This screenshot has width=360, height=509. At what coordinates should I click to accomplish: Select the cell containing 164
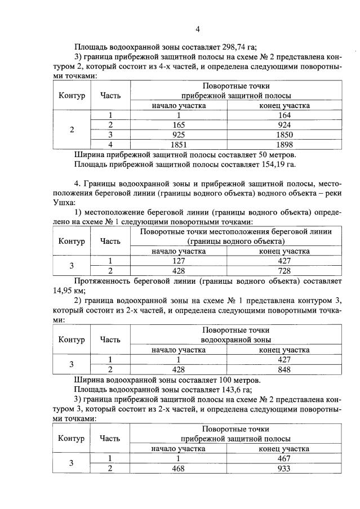(284, 115)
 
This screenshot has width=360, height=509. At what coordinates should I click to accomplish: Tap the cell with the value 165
(178, 124)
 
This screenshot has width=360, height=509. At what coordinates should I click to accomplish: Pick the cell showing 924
(284, 124)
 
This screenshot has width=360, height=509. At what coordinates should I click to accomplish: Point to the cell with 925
(178, 134)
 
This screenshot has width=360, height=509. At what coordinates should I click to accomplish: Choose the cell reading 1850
(284, 134)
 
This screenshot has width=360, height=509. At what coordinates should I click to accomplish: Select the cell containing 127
(178, 261)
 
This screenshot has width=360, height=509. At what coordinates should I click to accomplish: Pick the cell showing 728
(284, 270)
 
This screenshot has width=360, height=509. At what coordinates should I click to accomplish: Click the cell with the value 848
(284, 369)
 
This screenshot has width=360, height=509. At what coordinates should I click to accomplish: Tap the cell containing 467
(284, 458)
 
